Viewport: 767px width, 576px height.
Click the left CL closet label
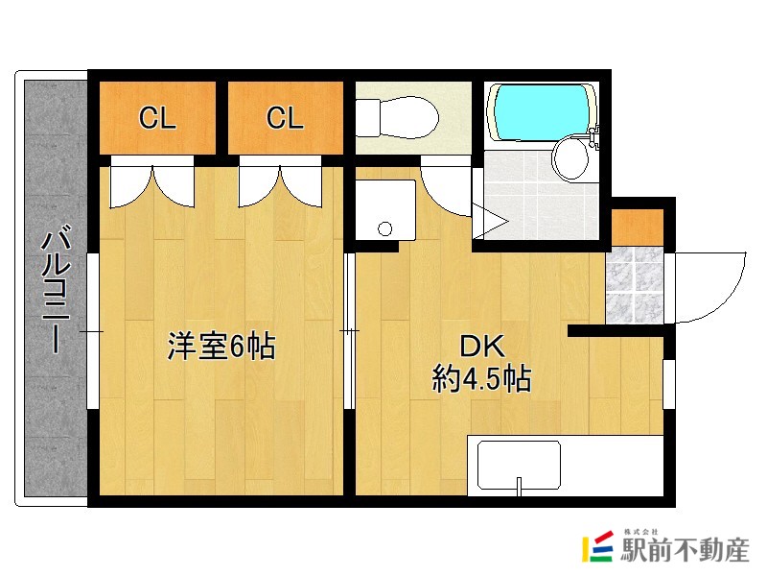157,119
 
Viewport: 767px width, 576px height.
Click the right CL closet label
285,119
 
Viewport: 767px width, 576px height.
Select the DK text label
482,347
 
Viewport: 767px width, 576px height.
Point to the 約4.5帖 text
482,379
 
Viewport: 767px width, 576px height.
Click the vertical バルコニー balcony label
54,288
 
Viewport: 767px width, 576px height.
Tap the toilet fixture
398,119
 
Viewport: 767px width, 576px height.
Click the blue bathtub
541,114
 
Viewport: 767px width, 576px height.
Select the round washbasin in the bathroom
572,158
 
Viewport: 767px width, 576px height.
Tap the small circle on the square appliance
385,228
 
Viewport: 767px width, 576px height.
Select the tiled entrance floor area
635,284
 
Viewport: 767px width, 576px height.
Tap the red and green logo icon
598,548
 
